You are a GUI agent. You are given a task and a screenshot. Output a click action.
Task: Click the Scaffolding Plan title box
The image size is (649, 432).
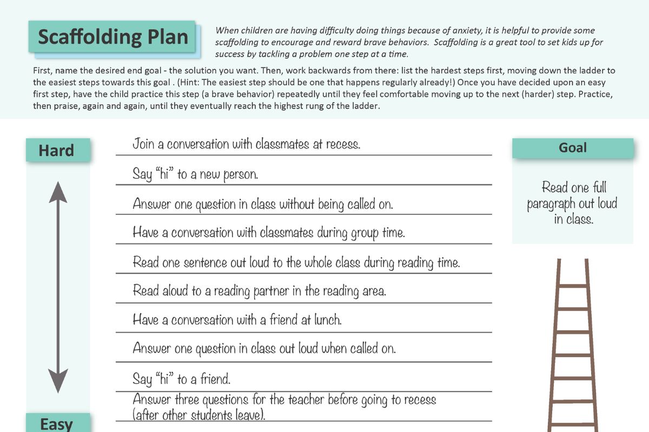[x=112, y=37]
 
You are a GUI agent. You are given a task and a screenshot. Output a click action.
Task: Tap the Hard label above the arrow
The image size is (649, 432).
[x=57, y=150]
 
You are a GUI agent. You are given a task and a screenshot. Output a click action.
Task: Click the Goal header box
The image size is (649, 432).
[x=572, y=147]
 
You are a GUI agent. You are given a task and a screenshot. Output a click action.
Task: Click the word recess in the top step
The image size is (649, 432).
[x=342, y=144]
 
